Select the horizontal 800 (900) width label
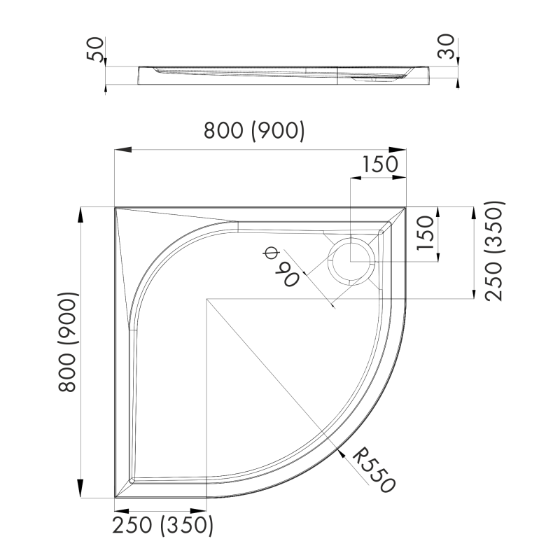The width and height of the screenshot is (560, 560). (x=253, y=131)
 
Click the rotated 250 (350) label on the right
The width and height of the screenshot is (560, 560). (x=493, y=251)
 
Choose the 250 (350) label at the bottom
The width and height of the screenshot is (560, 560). (x=162, y=525)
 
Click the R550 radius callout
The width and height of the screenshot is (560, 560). (x=374, y=470)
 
